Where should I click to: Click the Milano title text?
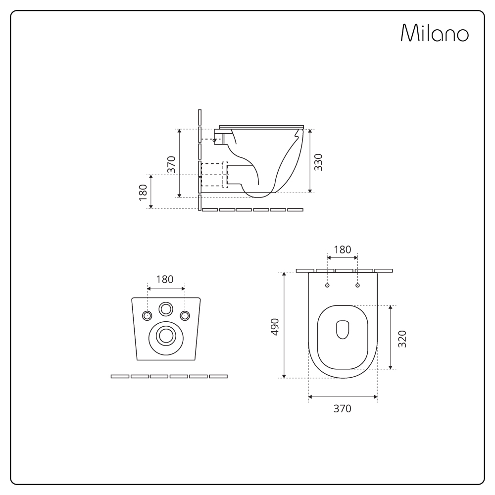point(435,33)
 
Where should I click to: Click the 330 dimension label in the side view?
point(318,162)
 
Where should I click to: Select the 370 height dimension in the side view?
point(171,164)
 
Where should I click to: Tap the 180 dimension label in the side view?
point(143,192)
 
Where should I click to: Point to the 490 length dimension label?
point(275,327)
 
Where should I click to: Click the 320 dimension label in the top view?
point(402,339)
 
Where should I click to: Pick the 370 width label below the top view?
point(342,408)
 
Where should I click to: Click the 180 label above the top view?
point(343,249)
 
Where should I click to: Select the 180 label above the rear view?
point(165,279)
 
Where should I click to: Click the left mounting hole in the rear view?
point(147,315)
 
